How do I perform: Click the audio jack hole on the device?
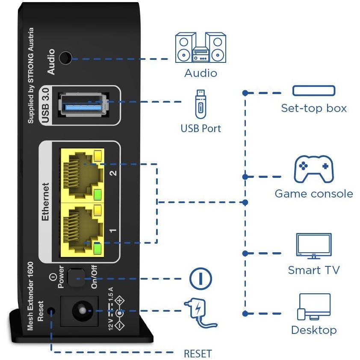pyautogui.click(x=65, y=57)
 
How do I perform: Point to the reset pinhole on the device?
pyautogui.click(x=52, y=310)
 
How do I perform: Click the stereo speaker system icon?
pyautogui.click(x=201, y=47)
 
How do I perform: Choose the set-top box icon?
pyautogui.click(x=314, y=91)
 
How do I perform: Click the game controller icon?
pyautogui.click(x=313, y=169)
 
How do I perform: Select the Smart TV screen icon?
pyautogui.click(x=314, y=245)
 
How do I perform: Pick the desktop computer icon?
pyautogui.click(x=314, y=307)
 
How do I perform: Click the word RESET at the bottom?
pyautogui.click(x=198, y=354)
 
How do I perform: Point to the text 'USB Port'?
pyautogui.click(x=201, y=128)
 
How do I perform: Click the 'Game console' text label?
pyautogui.click(x=314, y=194)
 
